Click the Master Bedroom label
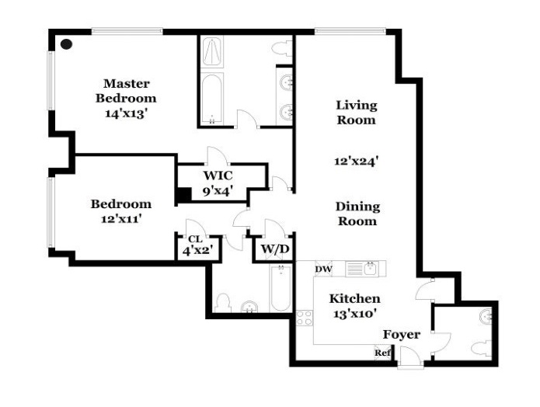click(x=126, y=91)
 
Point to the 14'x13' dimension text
click(x=126, y=113)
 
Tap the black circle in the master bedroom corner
click(x=67, y=45)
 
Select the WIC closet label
click(x=218, y=176)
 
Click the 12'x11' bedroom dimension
click(x=120, y=219)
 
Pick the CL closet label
click(x=194, y=239)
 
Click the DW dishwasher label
click(x=322, y=270)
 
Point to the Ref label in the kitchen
click(x=382, y=353)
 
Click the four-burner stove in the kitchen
click(x=304, y=318)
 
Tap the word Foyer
click(x=402, y=335)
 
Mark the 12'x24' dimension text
click(x=357, y=162)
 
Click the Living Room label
click(x=357, y=113)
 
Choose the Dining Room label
click(x=357, y=214)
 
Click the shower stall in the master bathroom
click(x=211, y=52)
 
